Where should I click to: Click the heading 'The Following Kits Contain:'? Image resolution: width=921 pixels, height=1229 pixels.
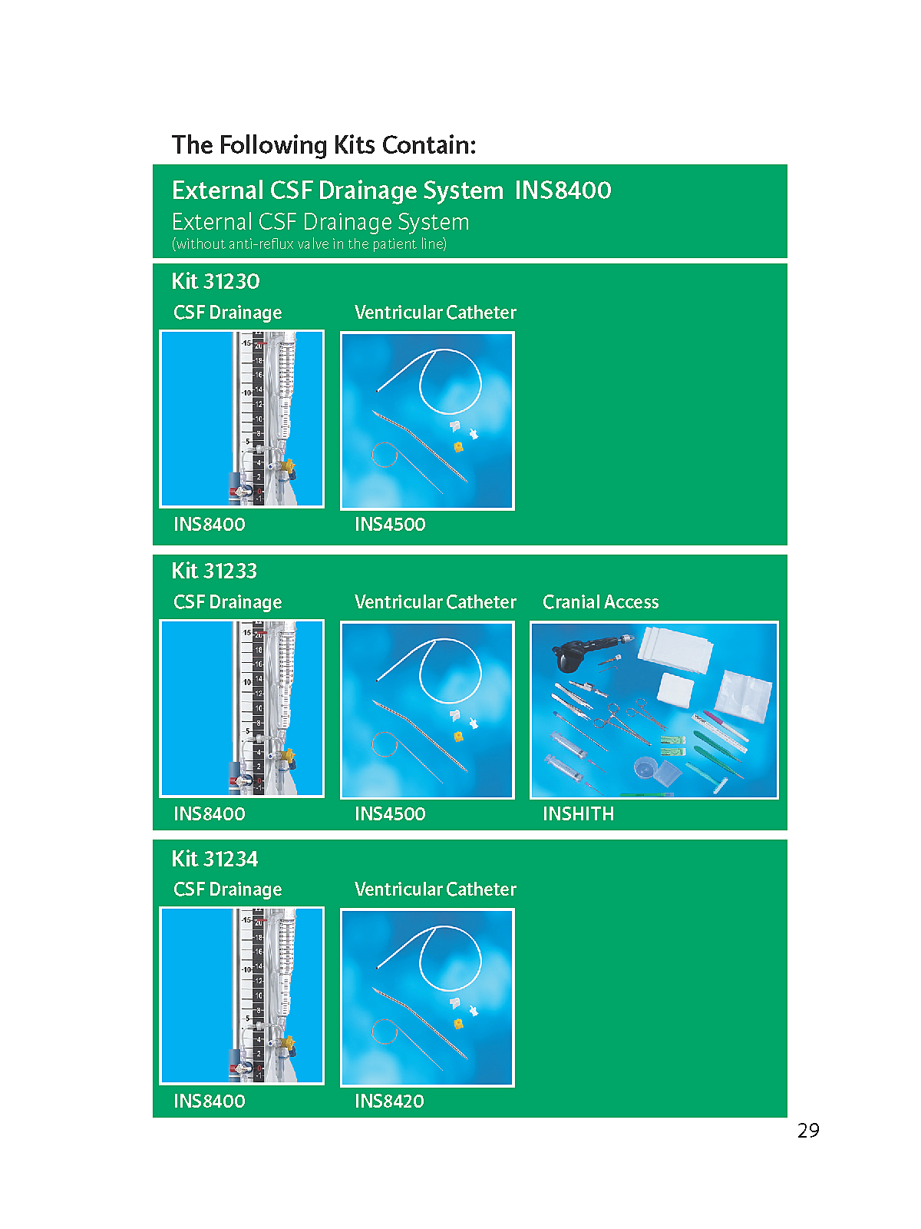pos(324,145)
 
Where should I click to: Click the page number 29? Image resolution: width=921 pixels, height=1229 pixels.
pos(808,1131)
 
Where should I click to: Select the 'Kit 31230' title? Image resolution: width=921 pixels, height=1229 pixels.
pos(216,281)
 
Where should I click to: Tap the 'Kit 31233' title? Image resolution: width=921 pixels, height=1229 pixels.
pos(214,571)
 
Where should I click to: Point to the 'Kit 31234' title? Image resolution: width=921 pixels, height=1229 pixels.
pos(215,858)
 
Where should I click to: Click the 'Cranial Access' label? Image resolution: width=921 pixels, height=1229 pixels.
pos(601,601)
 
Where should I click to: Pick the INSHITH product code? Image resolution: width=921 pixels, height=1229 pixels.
pos(578,813)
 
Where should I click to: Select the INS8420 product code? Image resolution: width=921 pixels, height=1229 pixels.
pos(389,1101)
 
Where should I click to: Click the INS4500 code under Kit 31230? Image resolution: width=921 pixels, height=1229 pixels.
pos(390,524)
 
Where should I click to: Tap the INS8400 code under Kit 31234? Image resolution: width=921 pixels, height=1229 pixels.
pos(209,1101)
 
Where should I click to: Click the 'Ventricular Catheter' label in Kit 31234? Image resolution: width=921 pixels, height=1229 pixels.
pos(435,889)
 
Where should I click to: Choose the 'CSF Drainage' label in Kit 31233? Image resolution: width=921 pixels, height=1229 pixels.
pos(228,602)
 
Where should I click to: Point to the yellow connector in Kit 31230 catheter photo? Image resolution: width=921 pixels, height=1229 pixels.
pos(458,446)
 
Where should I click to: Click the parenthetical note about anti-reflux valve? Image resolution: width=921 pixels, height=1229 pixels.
pos(309,244)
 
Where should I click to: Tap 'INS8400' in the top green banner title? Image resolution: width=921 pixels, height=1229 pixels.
pos(563,190)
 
